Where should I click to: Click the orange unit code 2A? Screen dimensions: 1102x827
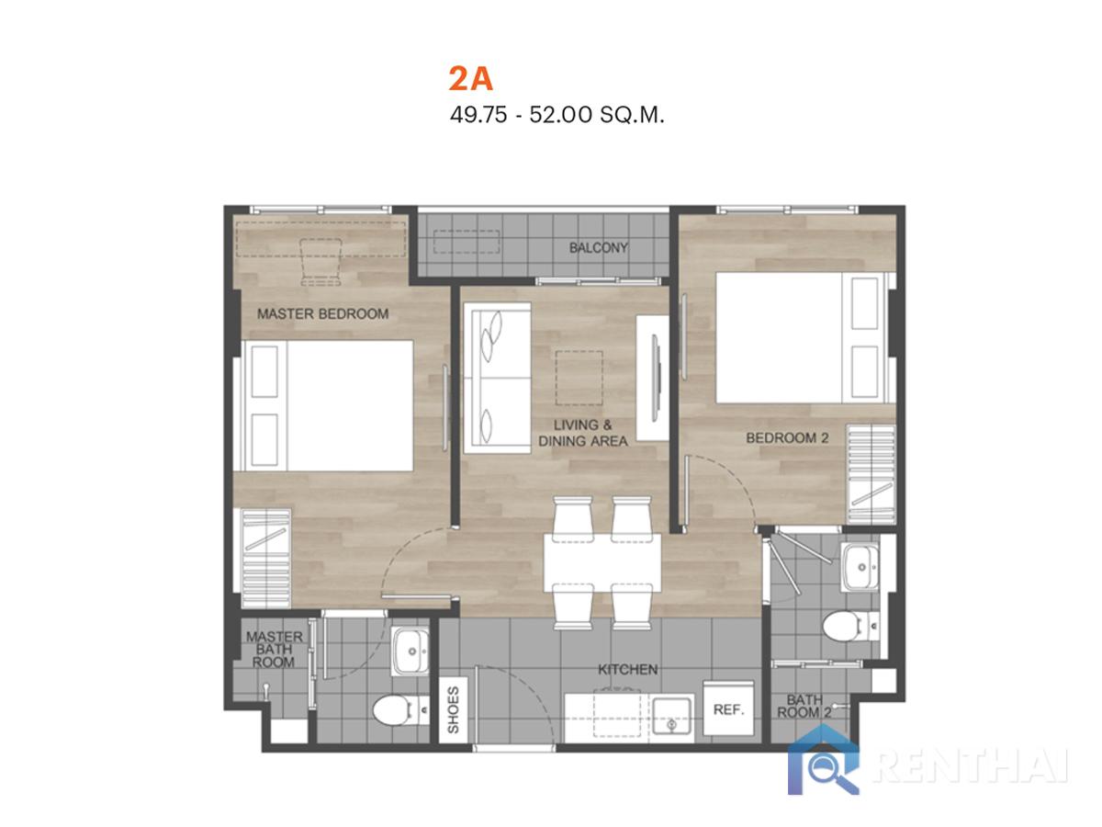click(470, 79)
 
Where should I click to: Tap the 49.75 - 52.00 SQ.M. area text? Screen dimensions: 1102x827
click(557, 116)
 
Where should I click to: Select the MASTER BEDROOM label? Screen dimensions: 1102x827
click(323, 314)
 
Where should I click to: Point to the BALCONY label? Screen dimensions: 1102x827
click(599, 247)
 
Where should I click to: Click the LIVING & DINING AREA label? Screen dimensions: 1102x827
click(583, 433)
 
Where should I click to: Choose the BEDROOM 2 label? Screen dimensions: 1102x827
click(787, 438)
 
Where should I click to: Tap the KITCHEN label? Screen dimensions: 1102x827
click(627, 669)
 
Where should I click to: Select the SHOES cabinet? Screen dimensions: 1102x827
click(453, 710)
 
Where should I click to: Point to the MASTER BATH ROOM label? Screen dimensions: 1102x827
click(274, 650)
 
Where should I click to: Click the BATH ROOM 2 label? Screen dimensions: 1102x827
click(804, 706)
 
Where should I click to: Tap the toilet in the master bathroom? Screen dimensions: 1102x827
click(400, 710)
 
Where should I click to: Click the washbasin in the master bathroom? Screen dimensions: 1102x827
click(410, 651)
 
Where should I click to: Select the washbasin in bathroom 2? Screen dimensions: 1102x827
click(860, 567)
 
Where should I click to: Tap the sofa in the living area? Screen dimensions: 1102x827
click(497, 378)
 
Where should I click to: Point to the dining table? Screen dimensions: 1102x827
click(602, 562)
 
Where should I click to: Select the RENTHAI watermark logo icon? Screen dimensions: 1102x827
click(824, 760)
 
